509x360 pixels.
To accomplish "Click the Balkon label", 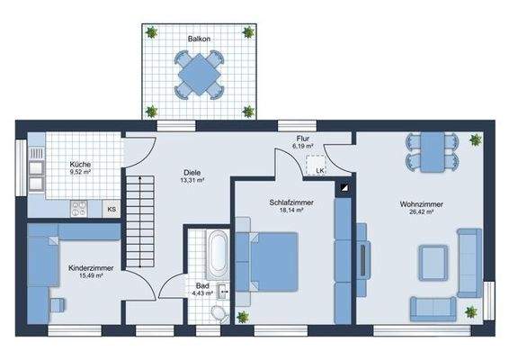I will point(199,40).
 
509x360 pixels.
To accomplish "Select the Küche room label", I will point(81,165).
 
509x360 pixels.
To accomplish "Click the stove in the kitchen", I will point(79,208).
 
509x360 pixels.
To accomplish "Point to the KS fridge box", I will point(112,209).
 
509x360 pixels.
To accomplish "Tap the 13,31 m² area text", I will point(192,180).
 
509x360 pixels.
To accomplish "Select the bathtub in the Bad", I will point(217,255).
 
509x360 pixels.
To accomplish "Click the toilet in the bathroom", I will point(216,311).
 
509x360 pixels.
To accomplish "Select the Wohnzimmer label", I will point(422,204).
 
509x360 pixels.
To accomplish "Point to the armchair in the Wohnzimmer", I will point(434,265).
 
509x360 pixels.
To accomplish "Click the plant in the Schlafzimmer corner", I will point(243,316).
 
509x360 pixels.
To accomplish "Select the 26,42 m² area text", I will point(421,214).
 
